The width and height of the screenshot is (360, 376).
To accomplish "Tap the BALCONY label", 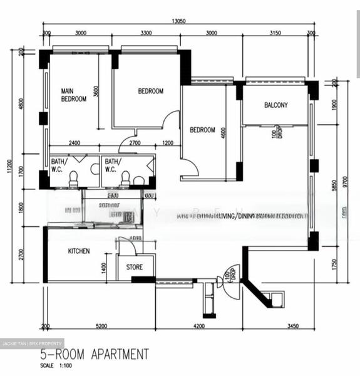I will pyautogui.click(x=275, y=105).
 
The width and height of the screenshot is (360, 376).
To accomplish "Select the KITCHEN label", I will pyautogui.click(x=78, y=251).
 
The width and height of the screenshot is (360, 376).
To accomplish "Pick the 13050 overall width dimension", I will pyautogui.click(x=179, y=21).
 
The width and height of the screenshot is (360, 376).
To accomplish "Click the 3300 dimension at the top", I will pyautogui.click(x=147, y=33).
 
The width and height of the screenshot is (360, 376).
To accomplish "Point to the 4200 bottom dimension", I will pyautogui.click(x=199, y=326).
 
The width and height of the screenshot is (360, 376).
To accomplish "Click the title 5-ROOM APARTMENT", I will pyautogui.click(x=94, y=355).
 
